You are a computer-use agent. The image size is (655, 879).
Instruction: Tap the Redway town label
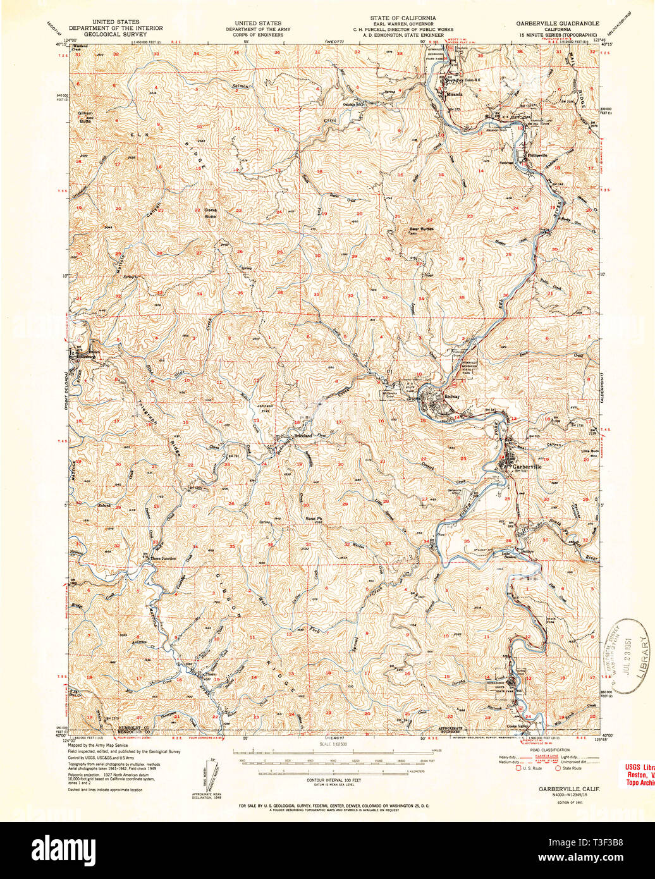point(451,396)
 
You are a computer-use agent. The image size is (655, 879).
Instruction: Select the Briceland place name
point(302,436)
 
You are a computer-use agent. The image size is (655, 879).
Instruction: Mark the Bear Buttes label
point(421,229)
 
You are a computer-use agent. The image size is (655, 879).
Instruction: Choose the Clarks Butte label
point(209,213)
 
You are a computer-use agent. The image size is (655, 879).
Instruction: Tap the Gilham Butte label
point(85,116)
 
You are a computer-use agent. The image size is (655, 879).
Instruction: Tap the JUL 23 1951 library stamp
point(623,656)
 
